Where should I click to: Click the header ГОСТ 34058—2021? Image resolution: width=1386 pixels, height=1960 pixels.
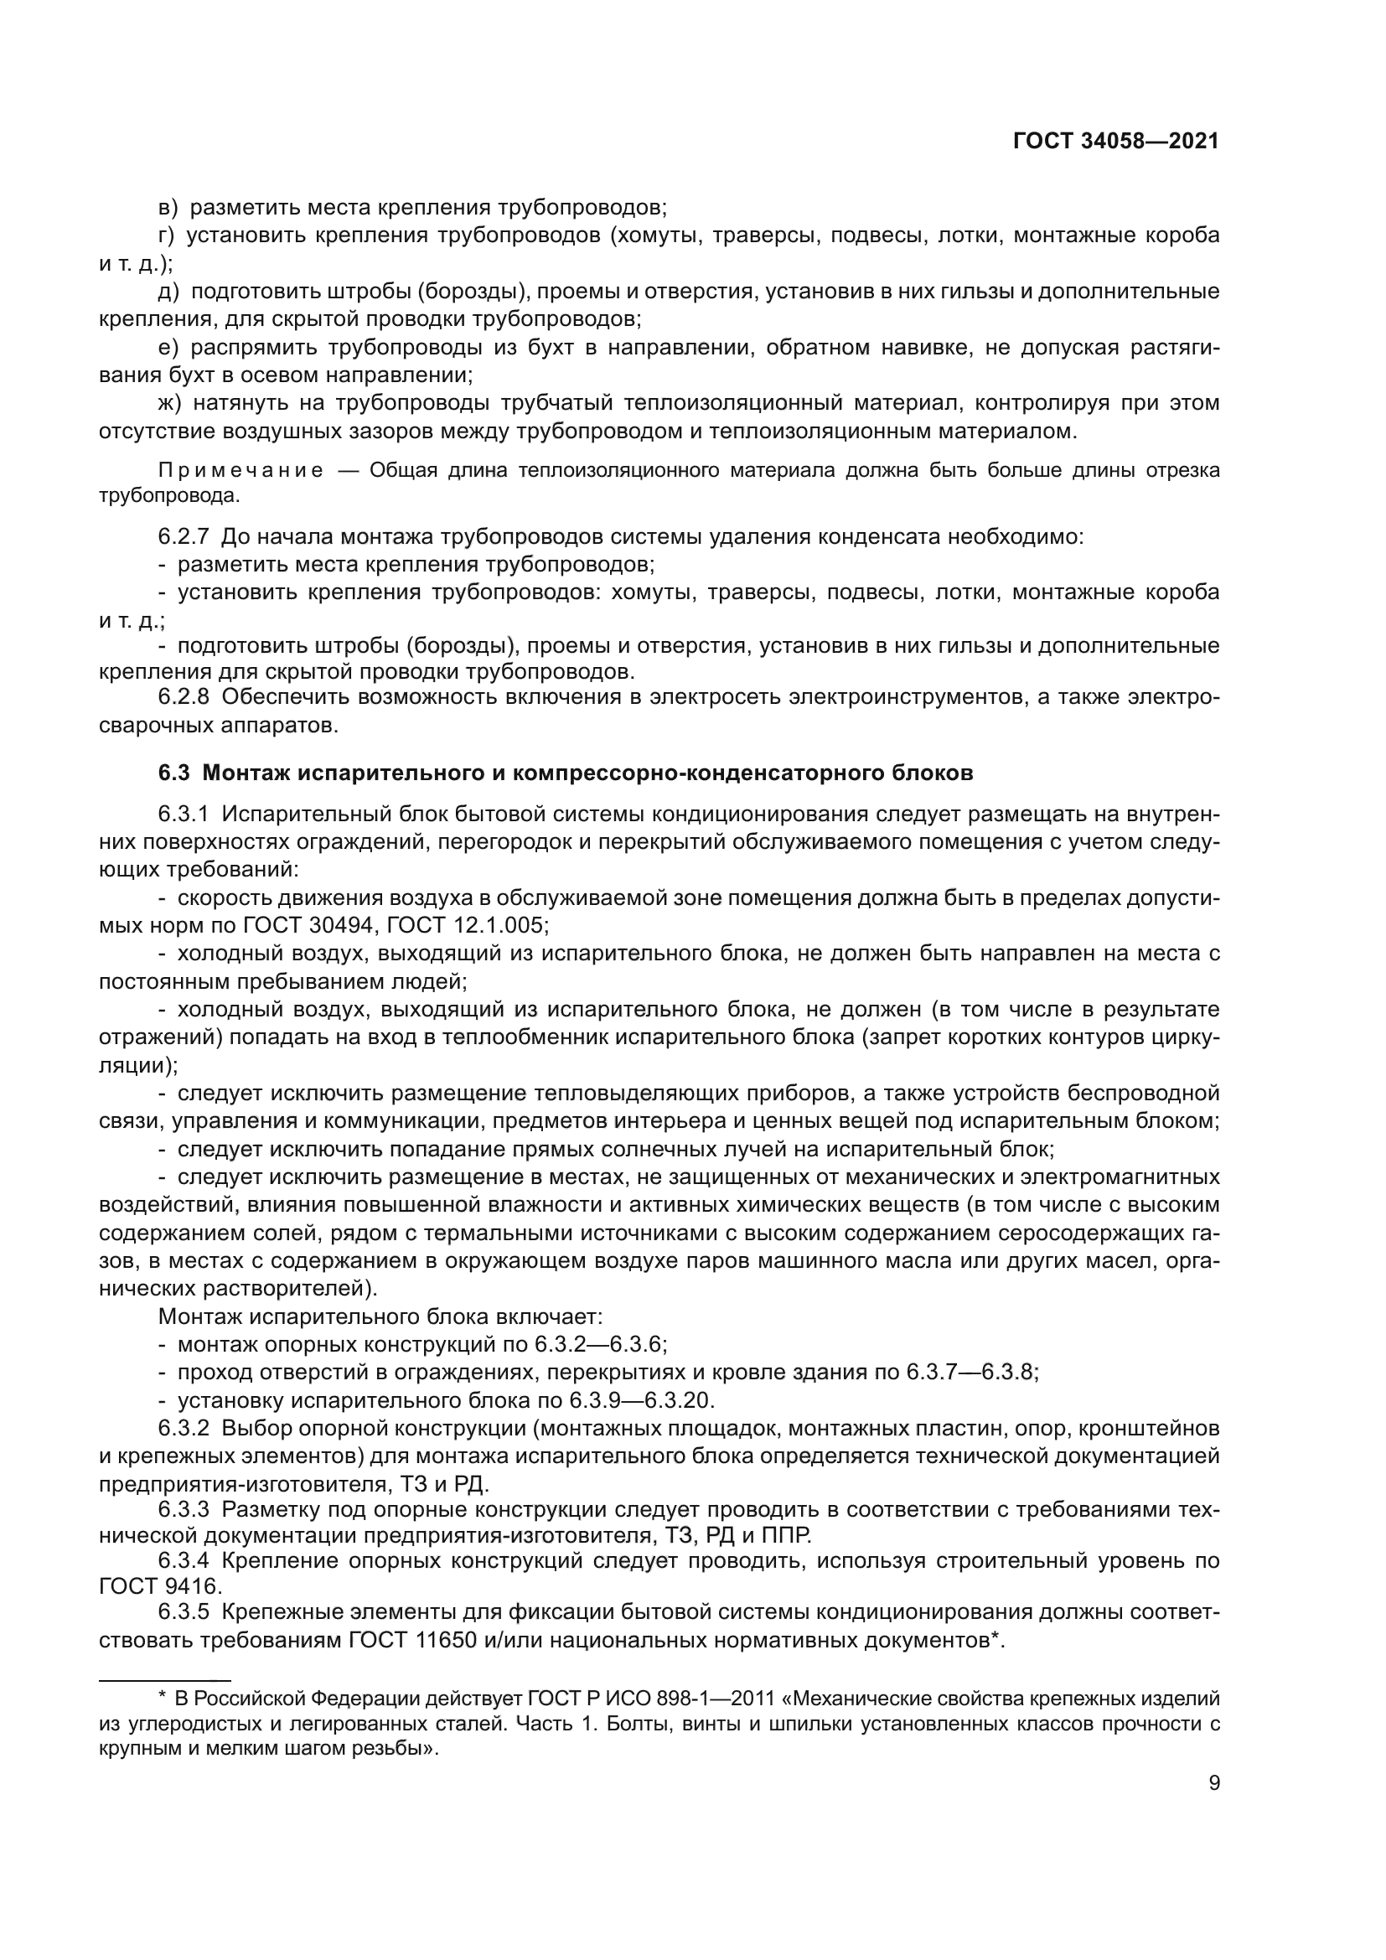click(1115, 142)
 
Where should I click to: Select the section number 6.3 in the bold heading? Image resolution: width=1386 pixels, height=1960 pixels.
click(173, 773)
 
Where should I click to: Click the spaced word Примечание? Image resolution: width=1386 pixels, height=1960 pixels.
click(240, 471)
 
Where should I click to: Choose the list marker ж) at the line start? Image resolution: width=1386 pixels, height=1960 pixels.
click(170, 403)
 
